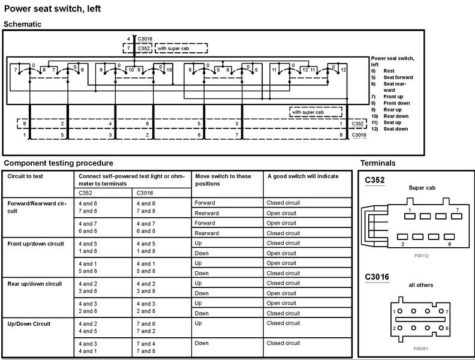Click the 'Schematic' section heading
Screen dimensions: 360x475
pos(22,23)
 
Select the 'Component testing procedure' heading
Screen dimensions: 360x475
pos(58,163)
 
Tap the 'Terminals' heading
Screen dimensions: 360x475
pos(377,163)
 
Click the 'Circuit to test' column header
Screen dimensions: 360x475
pos(25,176)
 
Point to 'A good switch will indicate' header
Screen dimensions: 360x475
pos(302,176)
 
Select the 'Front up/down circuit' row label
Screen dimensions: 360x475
pos(36,244)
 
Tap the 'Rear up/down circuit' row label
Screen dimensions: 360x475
pos(35,283)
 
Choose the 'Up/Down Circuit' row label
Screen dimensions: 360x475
pos(29,324)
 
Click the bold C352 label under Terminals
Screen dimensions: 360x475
pos(374,179)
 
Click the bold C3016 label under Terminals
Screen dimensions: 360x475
pos(377,277)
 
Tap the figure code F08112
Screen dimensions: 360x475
pos(420,256)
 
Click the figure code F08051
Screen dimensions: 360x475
pos(420,348)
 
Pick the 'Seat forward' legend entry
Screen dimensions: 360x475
pos(399,77)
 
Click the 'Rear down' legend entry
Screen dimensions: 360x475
pos(395,116)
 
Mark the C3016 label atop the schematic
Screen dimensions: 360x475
pos(145,38)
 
